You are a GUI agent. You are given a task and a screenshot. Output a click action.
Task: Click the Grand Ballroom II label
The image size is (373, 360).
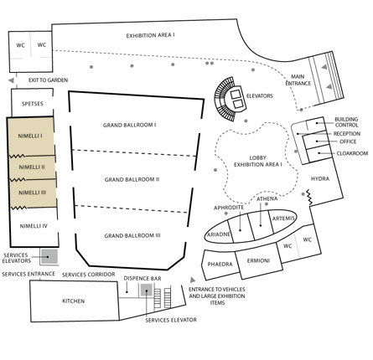132,179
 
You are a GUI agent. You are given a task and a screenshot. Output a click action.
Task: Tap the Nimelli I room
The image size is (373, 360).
31,136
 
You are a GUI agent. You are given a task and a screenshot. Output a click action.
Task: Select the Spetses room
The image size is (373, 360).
32,103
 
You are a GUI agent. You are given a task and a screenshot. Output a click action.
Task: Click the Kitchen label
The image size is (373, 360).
73,301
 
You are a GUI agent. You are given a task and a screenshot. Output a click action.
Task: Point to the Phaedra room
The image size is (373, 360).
220,265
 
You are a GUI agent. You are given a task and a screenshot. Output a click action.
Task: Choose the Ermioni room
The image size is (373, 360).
258,261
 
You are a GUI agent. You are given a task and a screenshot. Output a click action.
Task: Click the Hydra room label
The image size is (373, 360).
320,178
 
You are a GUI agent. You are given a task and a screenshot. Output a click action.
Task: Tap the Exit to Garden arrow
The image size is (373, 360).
11,80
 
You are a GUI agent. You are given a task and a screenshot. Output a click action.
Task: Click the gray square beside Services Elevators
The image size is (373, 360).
49,256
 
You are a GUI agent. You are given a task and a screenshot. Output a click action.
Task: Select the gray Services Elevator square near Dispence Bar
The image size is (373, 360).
146,291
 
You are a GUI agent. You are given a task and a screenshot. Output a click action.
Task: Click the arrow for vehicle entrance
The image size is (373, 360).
193,280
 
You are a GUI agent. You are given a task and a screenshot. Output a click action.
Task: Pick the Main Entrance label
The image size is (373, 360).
298,80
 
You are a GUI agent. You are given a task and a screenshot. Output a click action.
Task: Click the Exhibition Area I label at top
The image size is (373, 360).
150,36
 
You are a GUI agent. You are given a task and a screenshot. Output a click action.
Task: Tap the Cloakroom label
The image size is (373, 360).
352,153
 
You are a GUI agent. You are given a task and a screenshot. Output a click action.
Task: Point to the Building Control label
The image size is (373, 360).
346,122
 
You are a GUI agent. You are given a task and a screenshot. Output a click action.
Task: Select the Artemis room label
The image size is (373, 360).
283,219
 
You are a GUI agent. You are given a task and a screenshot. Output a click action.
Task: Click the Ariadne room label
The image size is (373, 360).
219,234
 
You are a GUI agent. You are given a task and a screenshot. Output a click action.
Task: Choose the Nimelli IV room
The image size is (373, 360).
34,227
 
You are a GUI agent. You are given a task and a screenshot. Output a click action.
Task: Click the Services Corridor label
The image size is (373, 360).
88,275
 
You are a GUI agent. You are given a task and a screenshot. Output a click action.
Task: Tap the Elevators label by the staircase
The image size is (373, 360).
259,96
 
